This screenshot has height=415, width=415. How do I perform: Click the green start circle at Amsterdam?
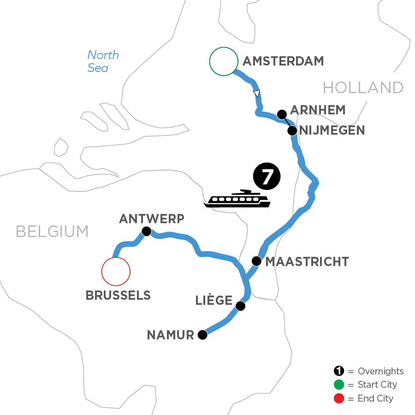click(223, 61)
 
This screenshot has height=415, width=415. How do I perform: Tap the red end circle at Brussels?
click(116, 272)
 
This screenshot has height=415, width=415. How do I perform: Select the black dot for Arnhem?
click(281, 114)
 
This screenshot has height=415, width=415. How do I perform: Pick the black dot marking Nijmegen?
click(292, 130)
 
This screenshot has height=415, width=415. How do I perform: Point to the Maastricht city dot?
click(256, 261)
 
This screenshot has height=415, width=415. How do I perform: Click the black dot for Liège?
click(240, 306)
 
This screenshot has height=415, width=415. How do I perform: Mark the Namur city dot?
click(202, 335)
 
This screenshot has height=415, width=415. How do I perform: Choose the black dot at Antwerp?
click(146, 231)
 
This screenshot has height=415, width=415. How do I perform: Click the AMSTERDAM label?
click(283, 61)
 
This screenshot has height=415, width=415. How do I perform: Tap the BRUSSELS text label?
click(118, 296)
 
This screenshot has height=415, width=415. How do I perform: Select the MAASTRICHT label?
click(308, 262)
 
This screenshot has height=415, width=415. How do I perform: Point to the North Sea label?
click(103, 61)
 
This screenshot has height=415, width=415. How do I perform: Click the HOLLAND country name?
click(363, 87)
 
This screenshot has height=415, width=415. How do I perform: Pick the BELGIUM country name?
click(52, 231)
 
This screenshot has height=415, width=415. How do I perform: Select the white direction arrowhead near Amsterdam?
click(257, 93)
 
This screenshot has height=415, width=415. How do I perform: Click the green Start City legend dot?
click(339, 385)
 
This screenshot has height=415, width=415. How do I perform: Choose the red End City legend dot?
click(339, 398)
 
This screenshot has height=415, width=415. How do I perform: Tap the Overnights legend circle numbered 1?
click(339, 371)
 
